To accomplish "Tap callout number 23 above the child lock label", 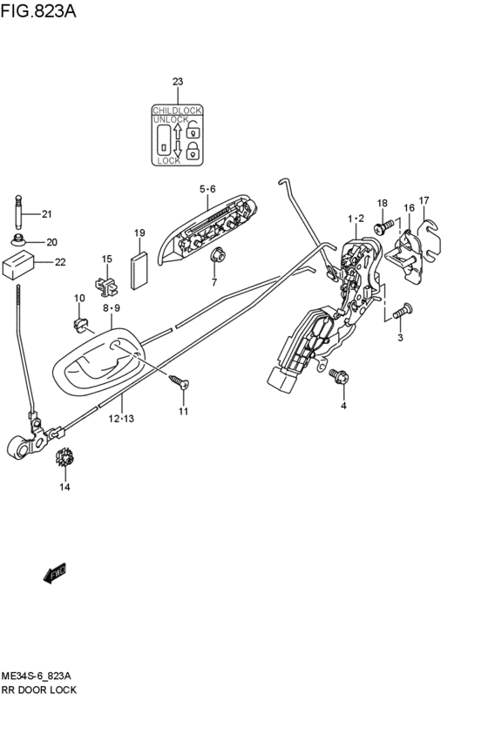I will click(x=178, y=82).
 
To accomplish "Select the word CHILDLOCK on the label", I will click(x=178, y=110).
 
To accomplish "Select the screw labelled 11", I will click(x=178, y=381).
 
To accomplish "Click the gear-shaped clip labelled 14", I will click(x=64, y=457).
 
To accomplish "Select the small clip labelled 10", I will click(x=83, y=325).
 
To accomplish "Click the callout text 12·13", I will click(x=121, y=419).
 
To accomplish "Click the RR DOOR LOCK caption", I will click(x=39, y=690).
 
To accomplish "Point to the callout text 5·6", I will click(x=207, y=189).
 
